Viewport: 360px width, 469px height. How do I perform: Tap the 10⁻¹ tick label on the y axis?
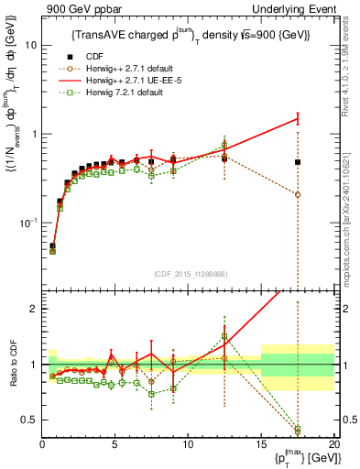27,223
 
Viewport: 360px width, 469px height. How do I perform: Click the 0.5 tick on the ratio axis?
27,420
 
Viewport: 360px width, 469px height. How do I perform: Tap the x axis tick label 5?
115,445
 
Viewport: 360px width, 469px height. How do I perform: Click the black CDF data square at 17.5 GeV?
298,162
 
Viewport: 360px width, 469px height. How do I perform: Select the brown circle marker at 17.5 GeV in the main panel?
298,194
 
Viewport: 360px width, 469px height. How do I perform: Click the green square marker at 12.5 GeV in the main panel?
224,145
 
